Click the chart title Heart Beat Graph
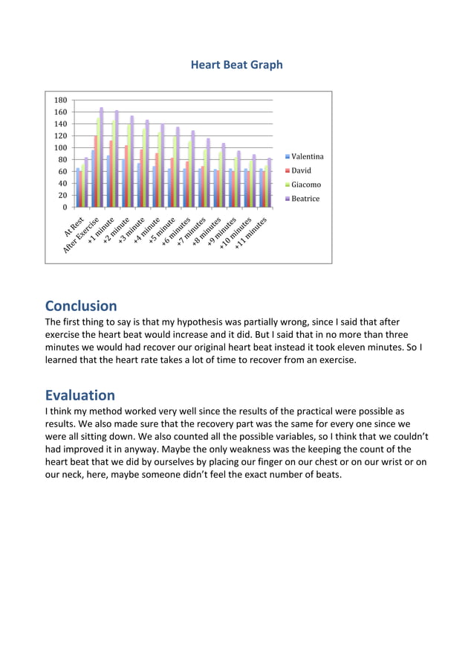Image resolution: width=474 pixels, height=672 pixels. click(x=236, y=65)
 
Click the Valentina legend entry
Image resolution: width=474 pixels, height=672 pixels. click(x=307, y=157)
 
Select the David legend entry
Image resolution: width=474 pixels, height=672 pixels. click(x=301, y=170)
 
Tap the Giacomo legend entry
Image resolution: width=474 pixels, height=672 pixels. click(x=305, y=185)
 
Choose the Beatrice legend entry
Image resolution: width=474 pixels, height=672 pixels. click(x=305, y=199)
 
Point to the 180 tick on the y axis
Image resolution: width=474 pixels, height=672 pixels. click(x=60, y=100)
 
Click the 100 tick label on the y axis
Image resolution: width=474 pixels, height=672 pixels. click(x=60, y=148)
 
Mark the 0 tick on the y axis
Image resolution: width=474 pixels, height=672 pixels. click(x=65, y=208)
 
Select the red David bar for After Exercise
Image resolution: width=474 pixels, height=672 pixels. click(x=94, y=171)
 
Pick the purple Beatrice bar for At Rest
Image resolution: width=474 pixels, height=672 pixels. click(x=86, y=182)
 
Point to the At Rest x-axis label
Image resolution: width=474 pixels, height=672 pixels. click(x=75, y=227)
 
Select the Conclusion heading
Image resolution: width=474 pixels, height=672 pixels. click(x=81, y=306)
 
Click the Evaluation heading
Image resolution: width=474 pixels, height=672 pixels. click(x=79, y=395)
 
